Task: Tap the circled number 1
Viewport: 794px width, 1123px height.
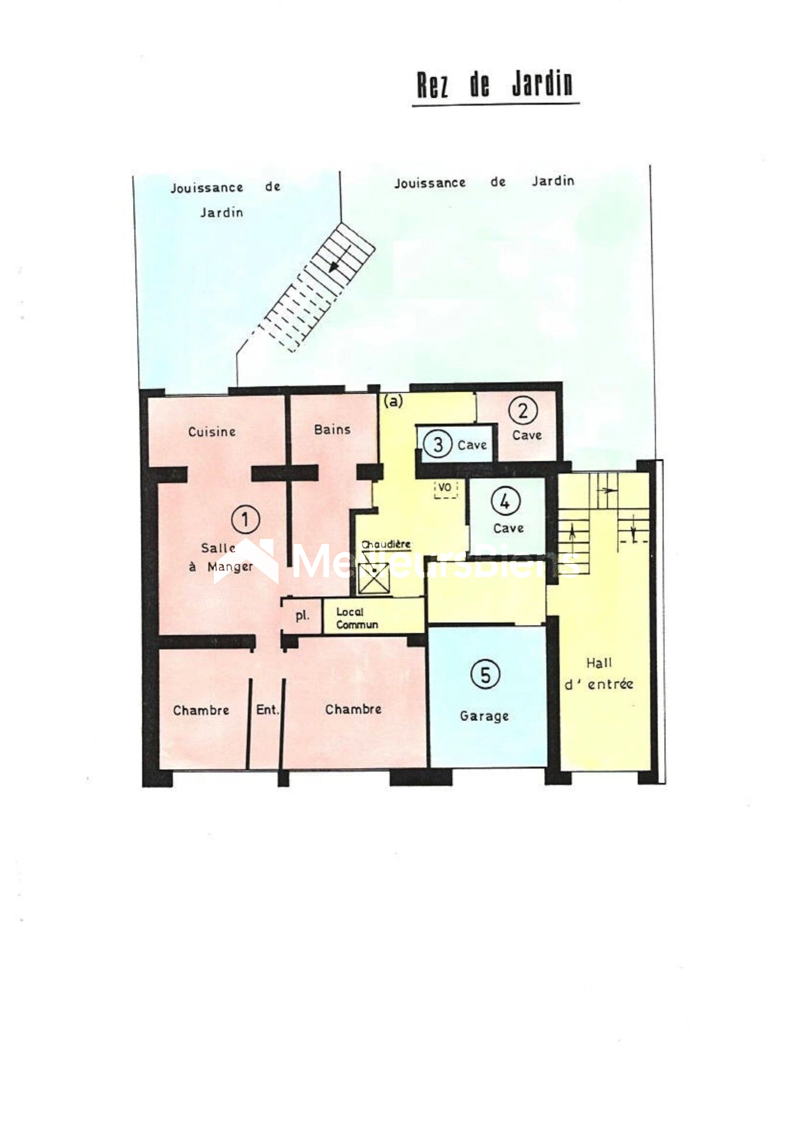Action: [245, 519]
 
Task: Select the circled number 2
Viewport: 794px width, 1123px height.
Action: [523, 411]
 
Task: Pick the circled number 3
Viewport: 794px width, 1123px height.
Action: [437, 445]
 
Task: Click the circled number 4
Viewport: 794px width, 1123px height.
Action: [505, 501]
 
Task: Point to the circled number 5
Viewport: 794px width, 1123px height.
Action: [485, 674]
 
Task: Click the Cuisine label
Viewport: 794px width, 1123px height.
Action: [212, 432]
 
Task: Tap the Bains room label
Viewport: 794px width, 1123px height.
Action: [332, 429]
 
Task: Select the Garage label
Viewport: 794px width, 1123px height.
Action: [484, 716]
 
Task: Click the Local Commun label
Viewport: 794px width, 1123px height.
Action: [357, 618]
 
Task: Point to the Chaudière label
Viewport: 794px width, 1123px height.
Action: [386, 545]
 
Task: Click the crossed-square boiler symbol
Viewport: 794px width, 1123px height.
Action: [374, 578]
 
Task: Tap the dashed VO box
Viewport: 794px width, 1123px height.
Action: [446, 488]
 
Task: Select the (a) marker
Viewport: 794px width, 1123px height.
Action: [394, 401]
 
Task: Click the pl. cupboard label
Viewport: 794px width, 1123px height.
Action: [302, 615]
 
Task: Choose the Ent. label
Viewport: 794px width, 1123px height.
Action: [267, 709]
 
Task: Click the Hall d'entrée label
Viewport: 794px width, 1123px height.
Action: [599, 673]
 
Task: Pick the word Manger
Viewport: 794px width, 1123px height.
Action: [230, 567]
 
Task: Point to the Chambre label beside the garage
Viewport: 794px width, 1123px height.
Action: [353, 709]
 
